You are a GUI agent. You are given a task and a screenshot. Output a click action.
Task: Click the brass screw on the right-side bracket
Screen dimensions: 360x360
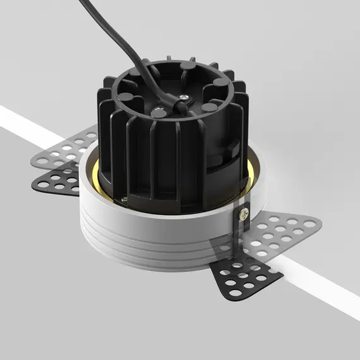(x=243, y=216)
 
